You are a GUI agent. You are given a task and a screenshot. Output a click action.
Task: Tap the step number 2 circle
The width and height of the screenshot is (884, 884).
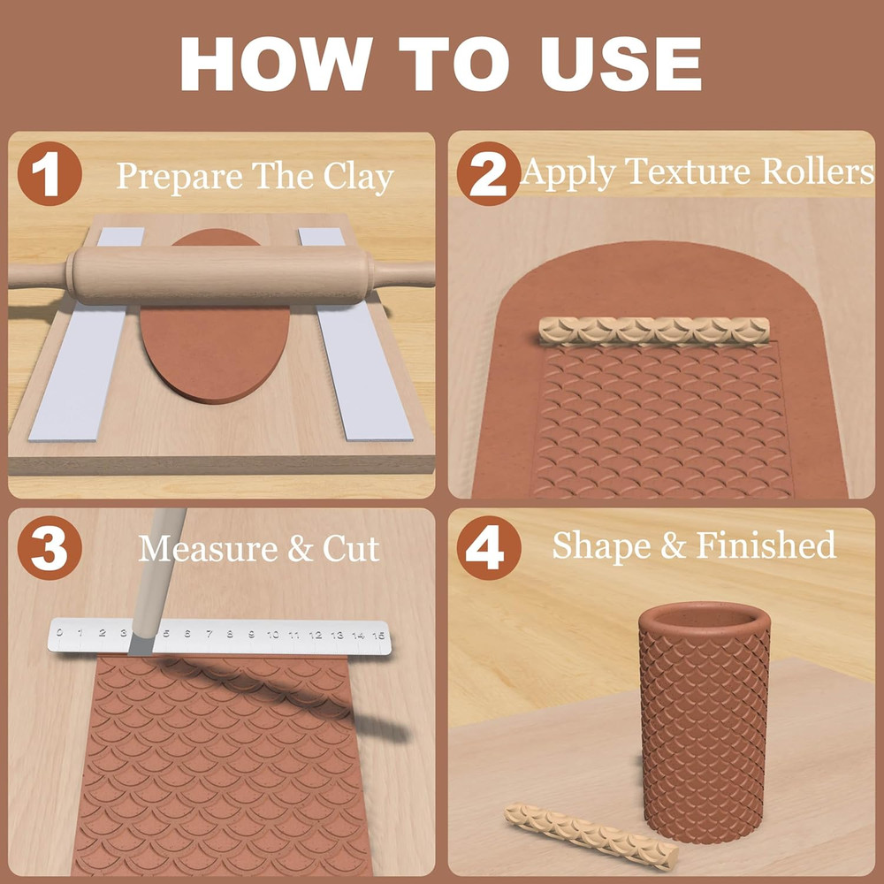(488, 174)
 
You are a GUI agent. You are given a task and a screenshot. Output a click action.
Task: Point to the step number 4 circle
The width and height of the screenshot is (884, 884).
(488, 548)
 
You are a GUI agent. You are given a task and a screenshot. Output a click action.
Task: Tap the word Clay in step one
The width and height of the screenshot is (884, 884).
(357, 177)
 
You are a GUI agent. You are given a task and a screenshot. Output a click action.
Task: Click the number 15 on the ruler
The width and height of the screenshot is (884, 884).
(379, 635)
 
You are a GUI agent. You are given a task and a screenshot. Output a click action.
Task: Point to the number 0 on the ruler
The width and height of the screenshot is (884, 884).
(59, 632)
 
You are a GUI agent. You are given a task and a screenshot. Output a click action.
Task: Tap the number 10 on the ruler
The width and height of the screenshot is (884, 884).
(272, 634)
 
